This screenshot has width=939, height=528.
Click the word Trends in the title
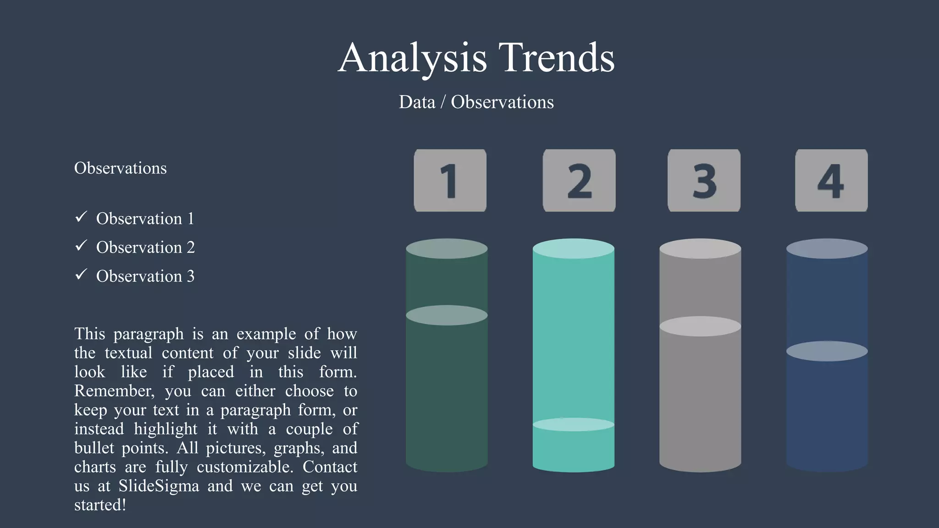[x=556, y=58]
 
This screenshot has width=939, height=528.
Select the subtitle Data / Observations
[x=476, y=102]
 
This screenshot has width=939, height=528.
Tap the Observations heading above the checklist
[x=120, y=168]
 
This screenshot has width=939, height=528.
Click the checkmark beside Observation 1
[x=81, y=217]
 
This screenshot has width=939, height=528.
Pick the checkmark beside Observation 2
[x=81, y=246]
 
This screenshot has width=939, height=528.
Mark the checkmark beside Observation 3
[x=81, y=275]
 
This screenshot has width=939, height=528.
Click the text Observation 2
[x=145, y=247]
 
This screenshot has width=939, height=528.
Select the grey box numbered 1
[x=450, y=181]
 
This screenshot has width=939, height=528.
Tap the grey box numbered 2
[x=579, y=181]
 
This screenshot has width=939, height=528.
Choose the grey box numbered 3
[x=704, y=181]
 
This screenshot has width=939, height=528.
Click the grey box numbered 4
[x=831, y=181]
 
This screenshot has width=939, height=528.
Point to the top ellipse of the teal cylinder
[x=573, y=248]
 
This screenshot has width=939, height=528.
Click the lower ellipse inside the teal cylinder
[x=573, y=424]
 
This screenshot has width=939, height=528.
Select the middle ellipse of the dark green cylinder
[x=447, y=315]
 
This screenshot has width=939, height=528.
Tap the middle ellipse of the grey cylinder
[x=700, y=326]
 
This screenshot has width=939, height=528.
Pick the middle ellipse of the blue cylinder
[x=827, y=351]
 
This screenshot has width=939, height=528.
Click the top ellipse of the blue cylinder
[x=827, y=248]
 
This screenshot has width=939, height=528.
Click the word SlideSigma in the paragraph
[x=159, y=486]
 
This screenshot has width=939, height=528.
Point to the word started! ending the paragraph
[x=100, y=505]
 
